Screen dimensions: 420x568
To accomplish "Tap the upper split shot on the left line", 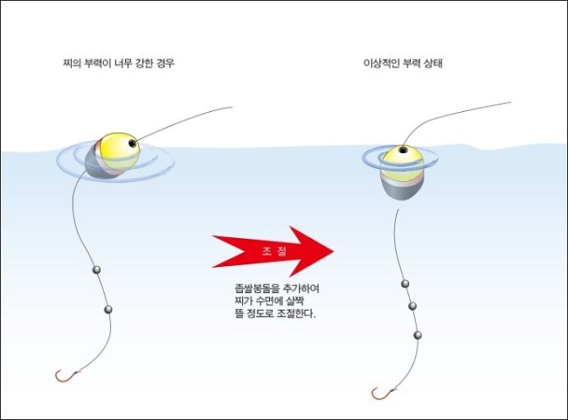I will coord(97,269).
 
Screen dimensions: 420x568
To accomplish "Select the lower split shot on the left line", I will coord(108,310).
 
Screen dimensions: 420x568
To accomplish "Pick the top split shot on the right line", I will coord(405,284).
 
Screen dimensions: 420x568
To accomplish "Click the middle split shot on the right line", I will coord(412,306).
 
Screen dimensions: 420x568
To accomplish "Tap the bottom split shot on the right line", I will coord(418,335).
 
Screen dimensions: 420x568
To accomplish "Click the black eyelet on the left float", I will coord(132,142).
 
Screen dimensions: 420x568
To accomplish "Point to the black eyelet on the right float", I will coord(402,150).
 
